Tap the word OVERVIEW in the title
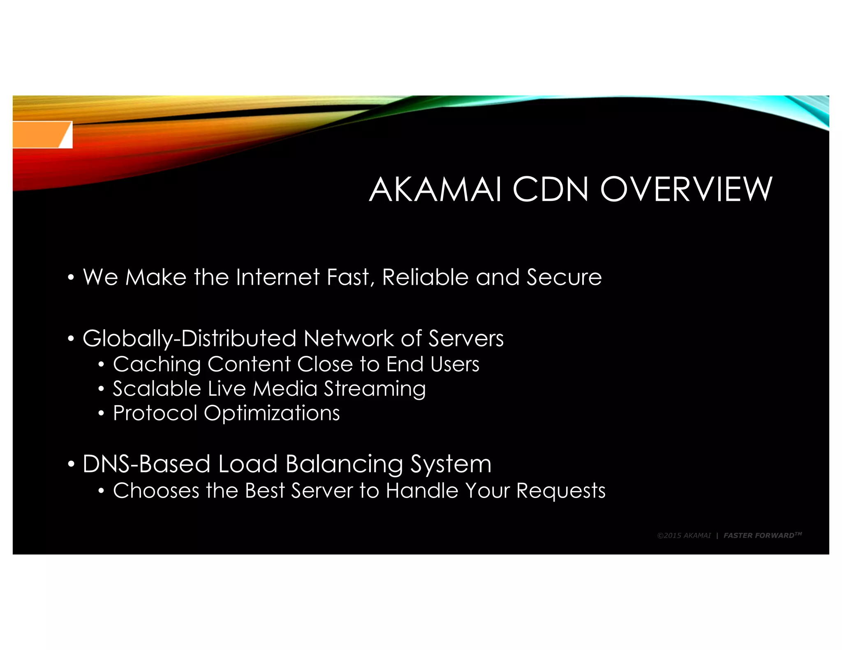(686, 189)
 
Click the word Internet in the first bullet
(278, 277)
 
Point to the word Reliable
(425, 277)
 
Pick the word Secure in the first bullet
(564, 277)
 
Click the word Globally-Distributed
(189, 339)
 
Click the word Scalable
(157, 389)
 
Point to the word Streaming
(375, 389)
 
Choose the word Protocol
(155, 413)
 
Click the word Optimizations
(272, 413)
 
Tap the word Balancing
(344, 464)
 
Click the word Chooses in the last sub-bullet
(156, 491)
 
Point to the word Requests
(561, 491)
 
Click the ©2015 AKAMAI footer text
(684, 535)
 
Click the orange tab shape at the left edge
(39, 134)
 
